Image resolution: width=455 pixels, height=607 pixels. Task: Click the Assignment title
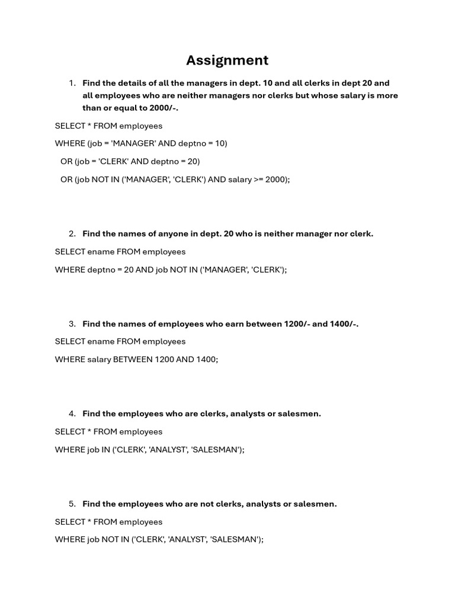point(227,60)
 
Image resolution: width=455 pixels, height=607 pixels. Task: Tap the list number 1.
point(72,84)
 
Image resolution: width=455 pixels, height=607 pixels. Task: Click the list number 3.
point(72,324)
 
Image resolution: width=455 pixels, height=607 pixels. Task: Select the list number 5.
point(72,504)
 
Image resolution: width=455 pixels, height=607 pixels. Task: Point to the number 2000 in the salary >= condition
point(276,179)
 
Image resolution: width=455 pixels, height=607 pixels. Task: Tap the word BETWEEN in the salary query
point(133,359)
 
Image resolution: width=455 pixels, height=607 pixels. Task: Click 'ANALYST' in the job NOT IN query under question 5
point(187,539)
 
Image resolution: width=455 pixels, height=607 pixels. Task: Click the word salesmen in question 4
point(299,414)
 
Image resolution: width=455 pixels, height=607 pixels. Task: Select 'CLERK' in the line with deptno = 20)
point(113,161)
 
